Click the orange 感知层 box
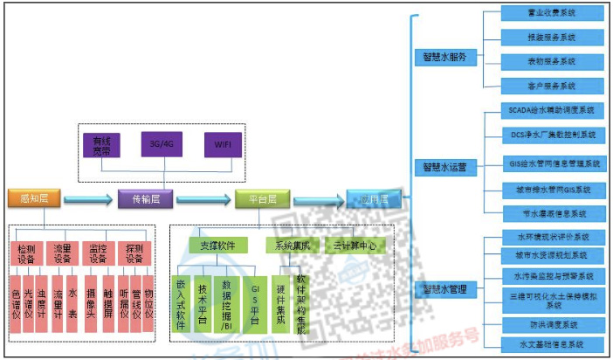click(x=33, y=198)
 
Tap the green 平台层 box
click(x=257, y=199)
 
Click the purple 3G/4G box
click(x=162, y=143)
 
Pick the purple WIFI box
click(x=221, y=143)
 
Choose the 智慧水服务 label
click(x=444, y=59)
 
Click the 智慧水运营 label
click(x=444, y=167)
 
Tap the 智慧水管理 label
click(x=444, y=289)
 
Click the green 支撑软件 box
click(x=218, y=246)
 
